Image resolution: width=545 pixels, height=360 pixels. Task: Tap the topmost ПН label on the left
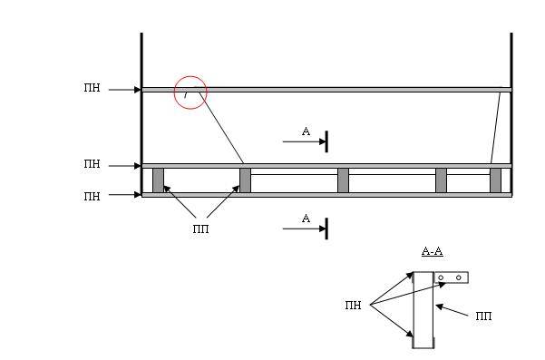(x=92, y=88)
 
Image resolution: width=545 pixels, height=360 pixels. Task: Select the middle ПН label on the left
(x=92, y=163)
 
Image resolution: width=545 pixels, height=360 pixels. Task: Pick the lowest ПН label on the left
(x=92, y=197)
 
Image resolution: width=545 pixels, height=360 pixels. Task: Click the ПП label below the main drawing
(x=201, y=229)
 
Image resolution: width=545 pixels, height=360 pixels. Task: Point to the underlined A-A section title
(x=432, y=251)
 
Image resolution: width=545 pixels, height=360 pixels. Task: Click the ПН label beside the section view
(x=353, y=306)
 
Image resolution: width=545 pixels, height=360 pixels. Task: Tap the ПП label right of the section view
(x=484, y=316)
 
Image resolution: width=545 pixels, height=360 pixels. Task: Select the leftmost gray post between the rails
(x=158, y=180)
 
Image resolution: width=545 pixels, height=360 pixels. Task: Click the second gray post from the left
(x=245, y=180)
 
